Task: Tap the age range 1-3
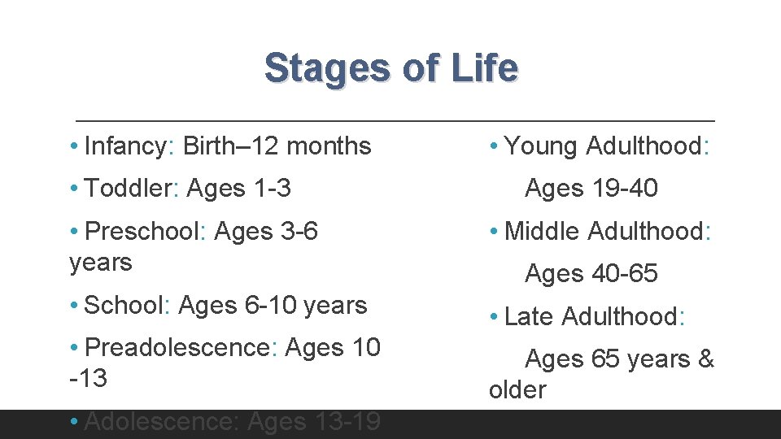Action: [x=272, y=189]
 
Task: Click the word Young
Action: [x=541, y=146]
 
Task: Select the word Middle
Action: [x=542, y=232]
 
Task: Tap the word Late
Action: [x=530, y=316]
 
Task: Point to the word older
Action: [x=517, y=390]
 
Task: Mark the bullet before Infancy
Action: [x=74, y=146]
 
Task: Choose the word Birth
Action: [x=209, y=146]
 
